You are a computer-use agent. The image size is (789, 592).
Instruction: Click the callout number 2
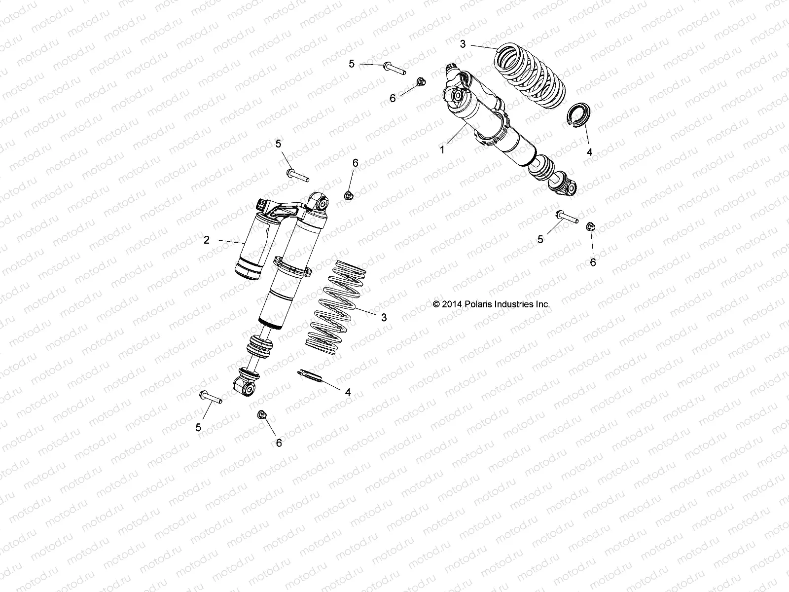point(207,240)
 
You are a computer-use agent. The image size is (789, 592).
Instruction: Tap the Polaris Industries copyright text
point(491,304)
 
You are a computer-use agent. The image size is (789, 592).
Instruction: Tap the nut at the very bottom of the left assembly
point(262,415)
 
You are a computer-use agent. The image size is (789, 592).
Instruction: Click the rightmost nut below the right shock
point(591,226)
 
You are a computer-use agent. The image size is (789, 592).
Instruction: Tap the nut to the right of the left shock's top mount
point(348,195)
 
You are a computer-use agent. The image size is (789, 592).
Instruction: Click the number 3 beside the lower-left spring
point(384,318)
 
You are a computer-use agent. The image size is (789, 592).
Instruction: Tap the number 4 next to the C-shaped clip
point(589,152)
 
